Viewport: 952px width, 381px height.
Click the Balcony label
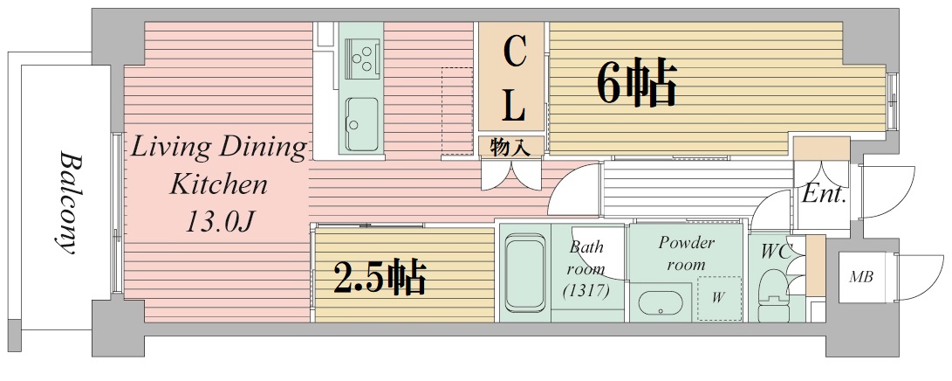point(66,203)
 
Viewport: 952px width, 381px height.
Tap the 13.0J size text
point(218,222)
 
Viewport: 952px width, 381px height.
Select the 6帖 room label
point(636,83)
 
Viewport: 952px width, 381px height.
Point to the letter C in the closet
point(515,53)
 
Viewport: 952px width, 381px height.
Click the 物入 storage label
point(510,147)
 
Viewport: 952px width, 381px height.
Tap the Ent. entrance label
point(824,195)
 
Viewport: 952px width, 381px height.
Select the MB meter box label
point(862,278)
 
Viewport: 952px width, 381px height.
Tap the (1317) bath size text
point(586,289)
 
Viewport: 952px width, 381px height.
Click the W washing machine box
point(718,298)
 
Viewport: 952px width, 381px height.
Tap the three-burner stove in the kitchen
point(362,58)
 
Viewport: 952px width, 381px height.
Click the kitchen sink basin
point(361,121)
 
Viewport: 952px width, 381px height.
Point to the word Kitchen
point(218,184)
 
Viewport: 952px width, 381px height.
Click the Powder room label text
point(686,253)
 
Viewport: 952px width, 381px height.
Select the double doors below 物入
point(511,175)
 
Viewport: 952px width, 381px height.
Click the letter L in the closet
point(515,107)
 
